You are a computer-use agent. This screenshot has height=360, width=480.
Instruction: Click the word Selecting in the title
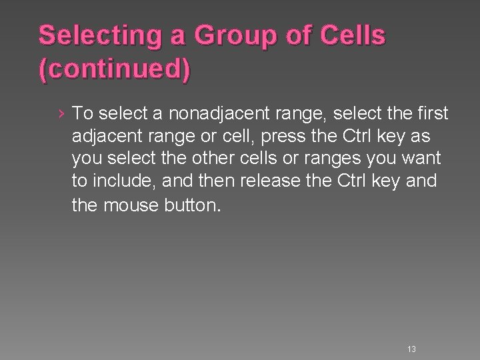(91, 37)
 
